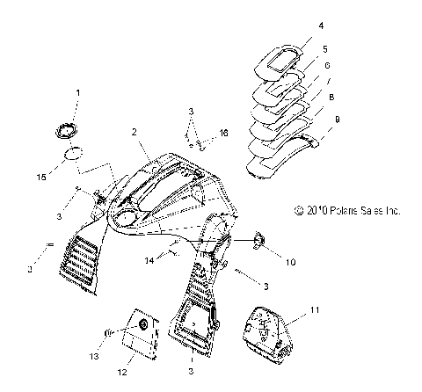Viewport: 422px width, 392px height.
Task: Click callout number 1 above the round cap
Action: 78,93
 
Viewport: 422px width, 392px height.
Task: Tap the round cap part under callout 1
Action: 67,130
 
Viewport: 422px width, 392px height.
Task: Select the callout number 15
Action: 41,177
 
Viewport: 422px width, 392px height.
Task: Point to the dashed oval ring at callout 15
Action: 74,153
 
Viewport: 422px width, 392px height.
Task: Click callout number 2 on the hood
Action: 135,132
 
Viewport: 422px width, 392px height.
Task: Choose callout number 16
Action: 223,133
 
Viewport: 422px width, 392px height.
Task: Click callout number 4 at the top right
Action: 321,25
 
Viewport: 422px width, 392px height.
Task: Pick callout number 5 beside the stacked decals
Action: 325,49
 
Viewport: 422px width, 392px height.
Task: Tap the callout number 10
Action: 290,262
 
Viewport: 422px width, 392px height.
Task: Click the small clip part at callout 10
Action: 258,241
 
